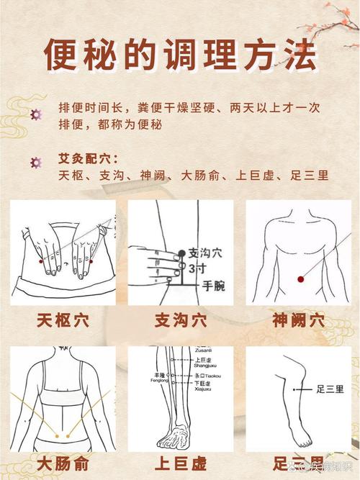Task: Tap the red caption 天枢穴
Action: [x=63, y=321]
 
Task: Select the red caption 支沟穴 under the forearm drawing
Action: [x=180, y=321]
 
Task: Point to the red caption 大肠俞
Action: [x=63, y=462]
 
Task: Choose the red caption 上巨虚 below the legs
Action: [x=180, y=462]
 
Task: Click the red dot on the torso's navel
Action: [x=300, y=279]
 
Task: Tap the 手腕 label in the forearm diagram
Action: [x=212, y=287]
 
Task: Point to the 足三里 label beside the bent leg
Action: [x=330, y=389]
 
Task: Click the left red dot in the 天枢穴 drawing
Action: [x=41, y=261]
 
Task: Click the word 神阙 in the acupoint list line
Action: [x=153, y=175]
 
